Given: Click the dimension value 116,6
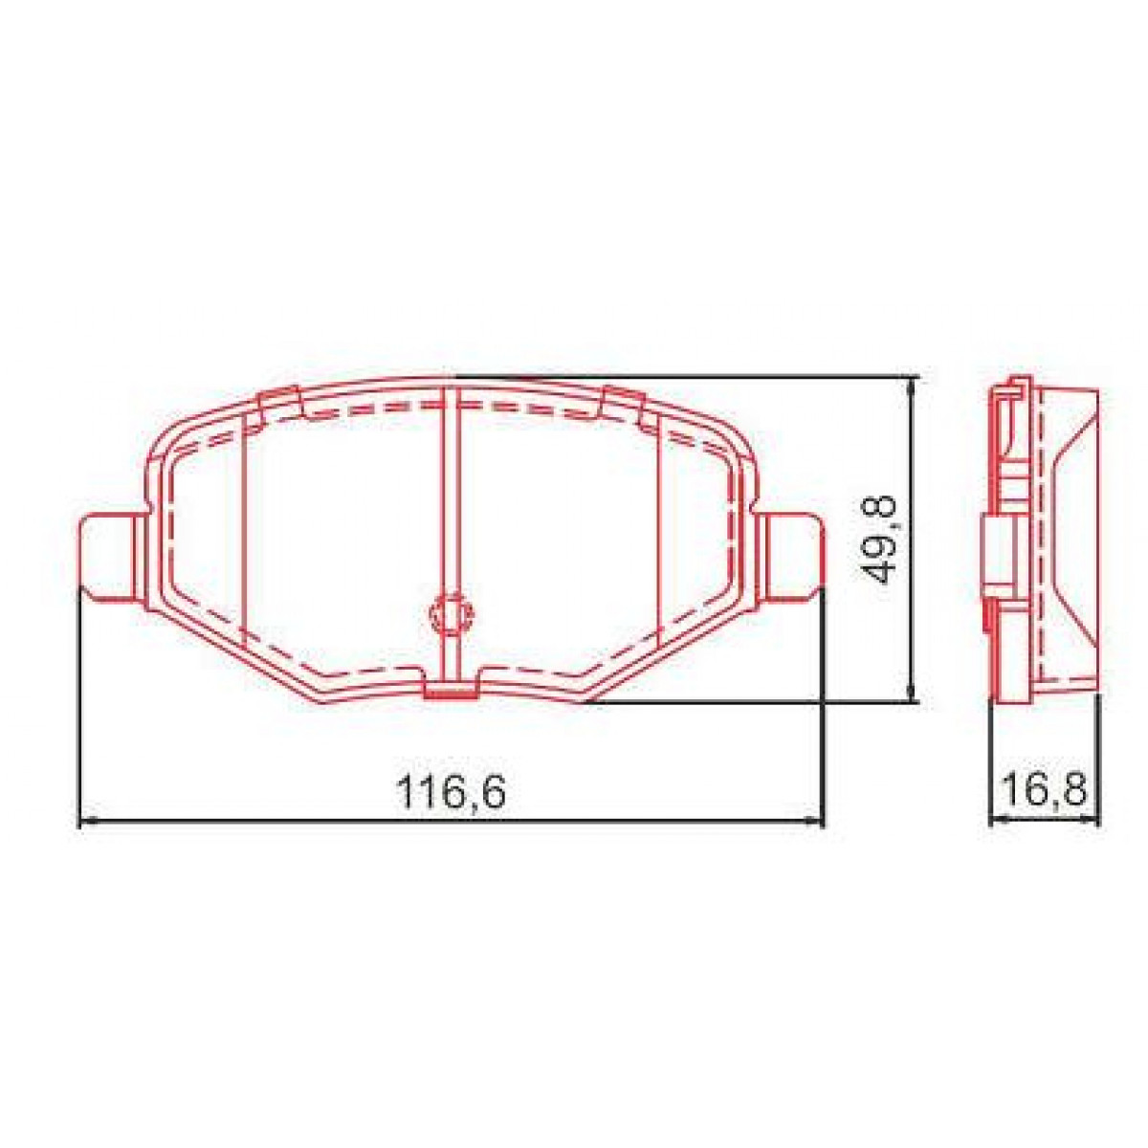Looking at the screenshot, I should point(450,792).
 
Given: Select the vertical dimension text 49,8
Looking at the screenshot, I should point(877,540).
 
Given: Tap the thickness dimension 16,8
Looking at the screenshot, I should point(1044,791).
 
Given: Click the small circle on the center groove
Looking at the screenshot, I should point(450,613).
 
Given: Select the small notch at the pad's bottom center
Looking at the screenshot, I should point(450,690).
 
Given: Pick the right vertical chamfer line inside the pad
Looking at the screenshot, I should point(661,536).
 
